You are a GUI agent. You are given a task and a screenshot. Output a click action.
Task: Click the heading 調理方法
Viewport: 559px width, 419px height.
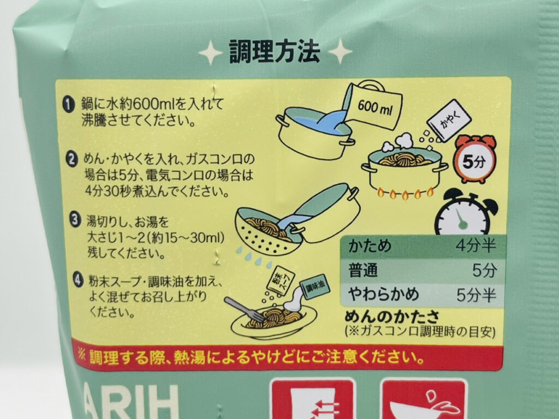[x=274, y=52]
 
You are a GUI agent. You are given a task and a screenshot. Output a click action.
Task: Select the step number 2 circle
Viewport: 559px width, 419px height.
[x=72, y=159]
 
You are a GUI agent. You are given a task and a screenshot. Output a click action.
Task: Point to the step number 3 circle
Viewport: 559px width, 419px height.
[x=75, y=219]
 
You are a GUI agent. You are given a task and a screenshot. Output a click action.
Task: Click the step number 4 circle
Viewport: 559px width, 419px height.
[x=79, y=280]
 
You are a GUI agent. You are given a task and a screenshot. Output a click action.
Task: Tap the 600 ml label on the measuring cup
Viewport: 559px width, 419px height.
[x=374, y=107]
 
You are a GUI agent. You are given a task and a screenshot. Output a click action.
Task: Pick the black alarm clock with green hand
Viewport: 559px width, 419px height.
[x=465, y=213]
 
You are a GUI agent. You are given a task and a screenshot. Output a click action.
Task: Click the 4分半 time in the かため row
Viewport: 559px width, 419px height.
[x=475, y=246]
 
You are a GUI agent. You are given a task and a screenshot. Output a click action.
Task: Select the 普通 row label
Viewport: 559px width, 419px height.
[x=362, y=271]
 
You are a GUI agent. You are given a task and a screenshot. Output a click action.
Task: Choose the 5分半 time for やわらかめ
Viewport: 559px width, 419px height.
[x=476, y=295]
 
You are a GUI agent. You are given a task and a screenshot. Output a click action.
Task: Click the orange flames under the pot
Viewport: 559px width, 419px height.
[x=406, y=193]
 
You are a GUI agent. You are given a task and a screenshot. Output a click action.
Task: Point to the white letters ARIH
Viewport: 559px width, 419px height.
[x=131, y=402]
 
